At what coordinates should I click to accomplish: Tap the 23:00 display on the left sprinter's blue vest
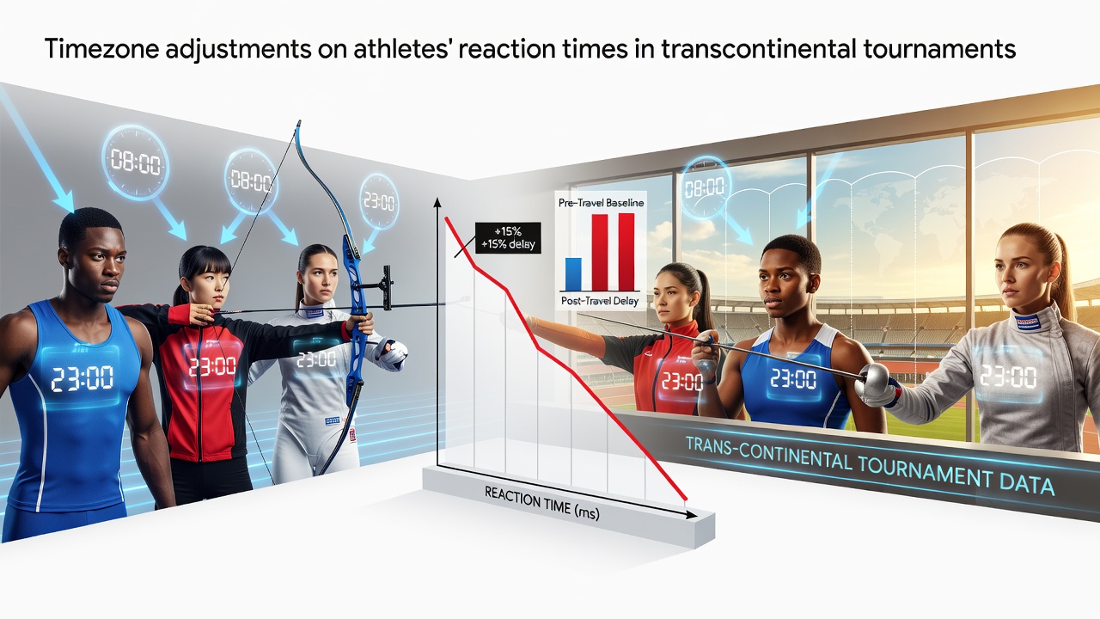point(82,377)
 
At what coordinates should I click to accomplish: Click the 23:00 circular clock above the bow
point(379,201)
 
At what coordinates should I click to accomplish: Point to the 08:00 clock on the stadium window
point(704,187)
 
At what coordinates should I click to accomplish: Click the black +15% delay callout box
point(508,238)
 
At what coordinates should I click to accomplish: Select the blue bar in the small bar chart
point(573,274)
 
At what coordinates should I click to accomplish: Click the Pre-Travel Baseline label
point(601,202)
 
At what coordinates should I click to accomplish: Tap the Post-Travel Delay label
point(600,301)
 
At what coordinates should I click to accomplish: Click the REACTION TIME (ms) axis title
point(541,503)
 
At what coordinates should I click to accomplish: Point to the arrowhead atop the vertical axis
point(437,202)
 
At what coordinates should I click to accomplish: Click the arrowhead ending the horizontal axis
point(691,515)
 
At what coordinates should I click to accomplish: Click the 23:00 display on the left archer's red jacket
point(212,365)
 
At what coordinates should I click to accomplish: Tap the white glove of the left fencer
point(393,352)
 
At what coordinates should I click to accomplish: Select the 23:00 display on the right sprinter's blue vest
point(793,379)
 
